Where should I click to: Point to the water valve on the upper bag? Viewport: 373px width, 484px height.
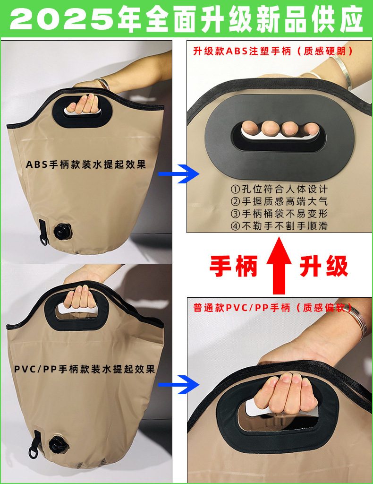[x=61, y=232]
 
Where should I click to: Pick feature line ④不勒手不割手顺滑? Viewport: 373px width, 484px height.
[x=279, y=226]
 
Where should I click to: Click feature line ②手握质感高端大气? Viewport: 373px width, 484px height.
[x=279, y=201]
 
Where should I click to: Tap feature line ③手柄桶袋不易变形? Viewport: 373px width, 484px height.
[x=279, y=214]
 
